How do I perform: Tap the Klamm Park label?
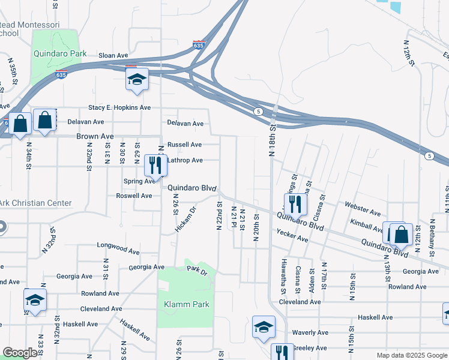[x=187, y=304]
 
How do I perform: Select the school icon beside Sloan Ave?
[x=137, y=80]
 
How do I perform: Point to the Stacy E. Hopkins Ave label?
[x=119, y=107]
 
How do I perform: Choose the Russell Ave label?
[x=184, y=145]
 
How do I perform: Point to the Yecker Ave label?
[x=292, y=235]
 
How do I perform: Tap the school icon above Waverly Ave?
[x=264, y=327]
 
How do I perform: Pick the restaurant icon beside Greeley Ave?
[x=282, y=352]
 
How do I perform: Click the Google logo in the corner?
[x=20, y=353]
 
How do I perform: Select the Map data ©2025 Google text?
[x=412, y=355]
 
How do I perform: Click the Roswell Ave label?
[x=134, y=196]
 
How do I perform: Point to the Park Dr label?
[x=196, y=271]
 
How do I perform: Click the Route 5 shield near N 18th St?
[x=258, y=112]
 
